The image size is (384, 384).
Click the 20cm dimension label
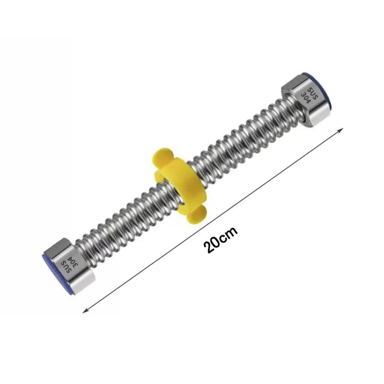coord(220,240)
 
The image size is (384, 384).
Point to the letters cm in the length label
coord(229,234)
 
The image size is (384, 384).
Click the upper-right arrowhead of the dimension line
coord(341,130)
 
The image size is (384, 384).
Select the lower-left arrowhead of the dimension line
coord(85,311)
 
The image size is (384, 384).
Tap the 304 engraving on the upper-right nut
coord(306,97)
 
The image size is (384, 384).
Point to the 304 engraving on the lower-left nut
coord(73,263)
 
